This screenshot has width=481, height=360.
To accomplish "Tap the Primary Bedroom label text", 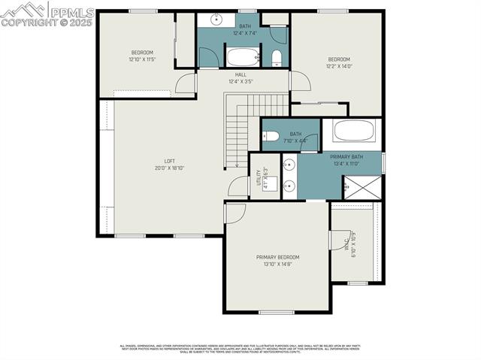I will tap(278, 257).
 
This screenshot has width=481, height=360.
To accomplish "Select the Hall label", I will tap(240, 74).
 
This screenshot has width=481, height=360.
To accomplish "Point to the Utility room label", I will tap(259, 177).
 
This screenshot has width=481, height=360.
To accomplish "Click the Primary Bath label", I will tap(347, 156).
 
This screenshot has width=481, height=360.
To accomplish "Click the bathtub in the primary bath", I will tap(353, 131).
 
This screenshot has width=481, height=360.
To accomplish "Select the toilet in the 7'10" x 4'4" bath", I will tap(271, 137).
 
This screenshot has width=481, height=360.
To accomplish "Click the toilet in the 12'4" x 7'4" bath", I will tap(277, 58).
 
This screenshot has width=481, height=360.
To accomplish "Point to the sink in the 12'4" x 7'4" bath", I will tap(215, 20).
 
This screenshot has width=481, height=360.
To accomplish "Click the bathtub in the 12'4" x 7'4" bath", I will tap(242, 56).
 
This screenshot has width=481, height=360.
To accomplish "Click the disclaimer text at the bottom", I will tap(240, 348).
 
